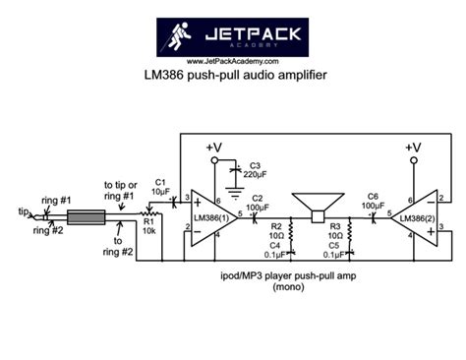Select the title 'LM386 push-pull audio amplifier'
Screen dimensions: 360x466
pyautogui.click(x=234, y=75)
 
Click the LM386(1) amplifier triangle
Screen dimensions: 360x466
pyautogui.click(x=209, y=216)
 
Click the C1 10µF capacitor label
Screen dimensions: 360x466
pyautogui.click(x=161, y=186)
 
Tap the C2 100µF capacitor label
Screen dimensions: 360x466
pyautogui.click(x=258, y=203)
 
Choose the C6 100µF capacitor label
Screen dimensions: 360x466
pyautogui.click(x=374, y=200)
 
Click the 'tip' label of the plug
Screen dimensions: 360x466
pyautogui.click(x=24, y=210)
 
